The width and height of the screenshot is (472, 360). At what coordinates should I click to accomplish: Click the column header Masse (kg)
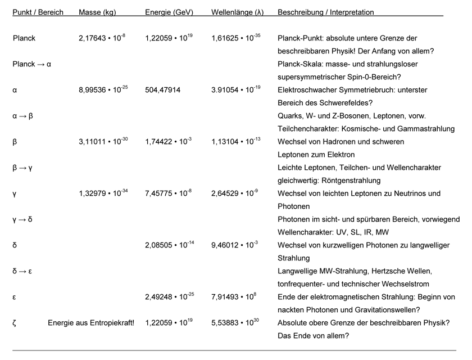pyautogui.click(x=98, y=12)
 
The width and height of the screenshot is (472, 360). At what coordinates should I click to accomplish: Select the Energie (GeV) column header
pyautogui.click(x=168, y=12)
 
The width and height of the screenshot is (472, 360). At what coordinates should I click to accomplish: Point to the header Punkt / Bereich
pyautogui.click(x=38, y=12)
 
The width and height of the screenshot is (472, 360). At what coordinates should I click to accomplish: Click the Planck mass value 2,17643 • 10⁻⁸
pyautogui.click(x=102, y=38)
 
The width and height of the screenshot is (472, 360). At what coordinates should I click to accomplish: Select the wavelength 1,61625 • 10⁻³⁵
pyautogui.click(x=236, y=38)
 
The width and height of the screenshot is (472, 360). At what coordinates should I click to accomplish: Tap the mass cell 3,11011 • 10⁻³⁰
pyautogui.click(x=103, y=142)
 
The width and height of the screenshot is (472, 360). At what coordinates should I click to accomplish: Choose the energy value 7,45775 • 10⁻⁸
pyautogui.click(x=168, y=193)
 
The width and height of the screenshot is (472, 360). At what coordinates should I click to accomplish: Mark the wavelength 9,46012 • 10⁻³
pyautogui.click(x=235, y=245)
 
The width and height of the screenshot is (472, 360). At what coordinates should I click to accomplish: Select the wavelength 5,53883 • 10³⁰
pyautogui.click(x=236, y=323)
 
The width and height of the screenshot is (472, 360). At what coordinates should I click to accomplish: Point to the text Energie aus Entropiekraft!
pyautogui.click(x=91, y=323)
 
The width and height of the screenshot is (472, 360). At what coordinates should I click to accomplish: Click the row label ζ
pyautogui.click(x=15, y=323)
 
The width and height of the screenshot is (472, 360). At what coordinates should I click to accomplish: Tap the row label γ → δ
pyautogui.click(x=22, y=219)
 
